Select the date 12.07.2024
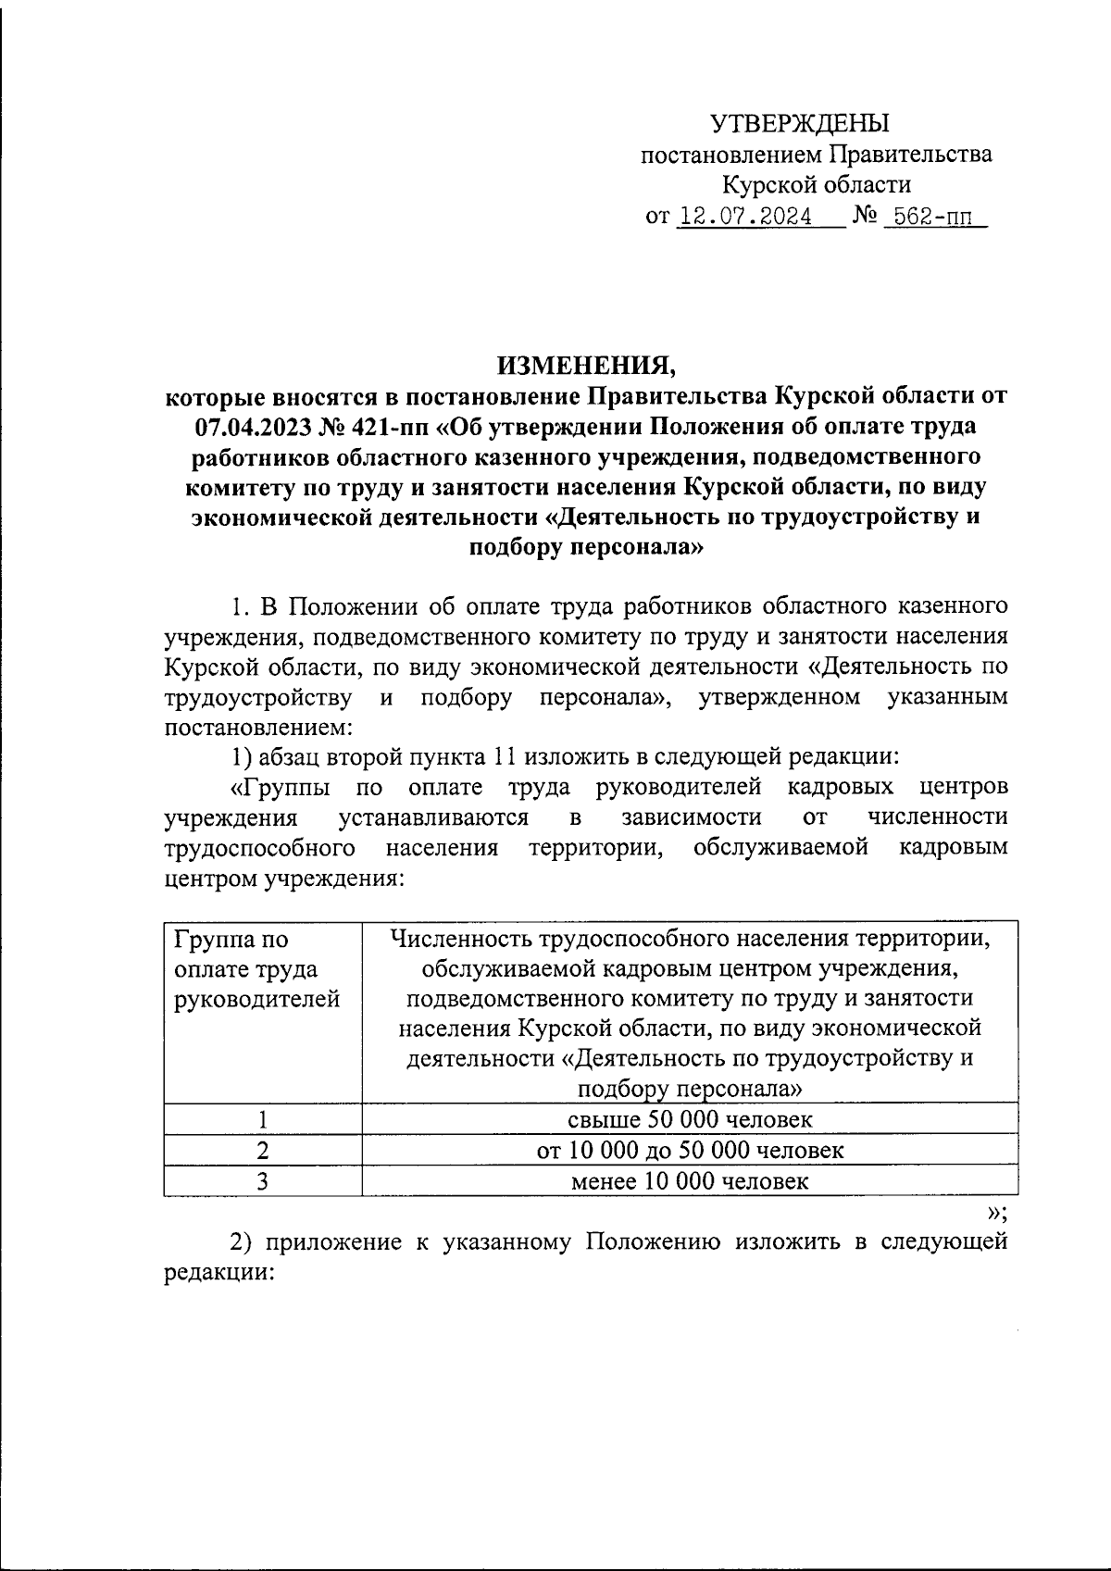point(745,218)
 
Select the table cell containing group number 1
point(263,1120)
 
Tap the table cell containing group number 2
point(263,1151)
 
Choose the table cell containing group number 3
point(263,1181)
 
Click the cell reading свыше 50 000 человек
point(690,1120)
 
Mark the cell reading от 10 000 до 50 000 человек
point(690,1151)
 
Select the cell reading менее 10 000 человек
point(690,1181)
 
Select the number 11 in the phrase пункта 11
point(504,757)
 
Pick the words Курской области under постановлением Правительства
point(817,185)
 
